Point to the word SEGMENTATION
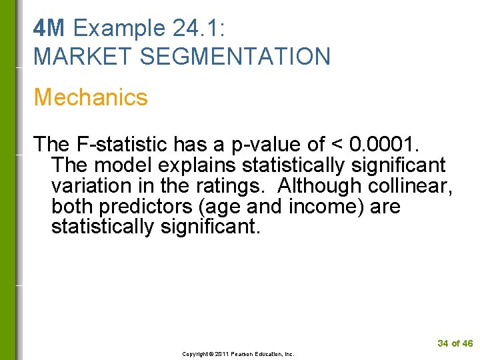click(x=235, y=57)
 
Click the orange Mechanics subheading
click(x=91, y=97)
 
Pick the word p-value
click(x=261, y=144)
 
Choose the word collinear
click(x=413, y=185)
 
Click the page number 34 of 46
click(x=455, y=343)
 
